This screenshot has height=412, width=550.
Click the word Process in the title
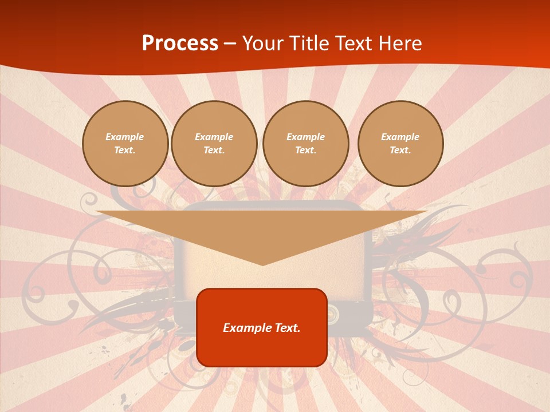point(180,43)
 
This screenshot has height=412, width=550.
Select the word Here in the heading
point(399,43)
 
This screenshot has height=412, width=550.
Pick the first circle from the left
point(125,144)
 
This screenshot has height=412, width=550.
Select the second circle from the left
point(214,144)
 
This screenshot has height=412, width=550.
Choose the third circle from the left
point(306,144)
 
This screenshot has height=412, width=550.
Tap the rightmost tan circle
point(400,144)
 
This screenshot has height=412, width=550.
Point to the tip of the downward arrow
point(262,264)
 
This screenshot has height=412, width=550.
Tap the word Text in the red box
point(286,328)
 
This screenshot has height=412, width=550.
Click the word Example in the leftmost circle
point(125,137)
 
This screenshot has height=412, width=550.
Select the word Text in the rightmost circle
point(400,150)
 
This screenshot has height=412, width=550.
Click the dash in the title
point(230,43)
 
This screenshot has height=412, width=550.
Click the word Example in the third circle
point(306,137)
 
